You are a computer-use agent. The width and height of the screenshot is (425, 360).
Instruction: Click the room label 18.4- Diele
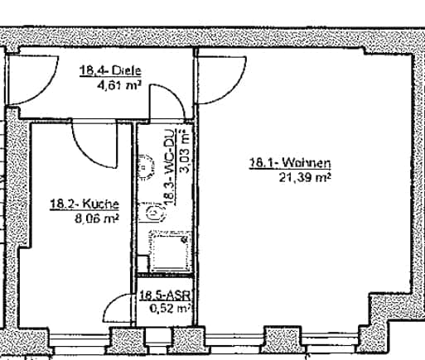[110, 70]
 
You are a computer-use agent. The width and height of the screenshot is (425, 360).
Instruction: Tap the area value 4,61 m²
[119, 85]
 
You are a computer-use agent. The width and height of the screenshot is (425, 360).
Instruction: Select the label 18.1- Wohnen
[290, 163]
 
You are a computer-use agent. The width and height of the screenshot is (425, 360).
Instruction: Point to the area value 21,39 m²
[305, 177]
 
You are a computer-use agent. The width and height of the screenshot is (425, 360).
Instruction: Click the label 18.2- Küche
[85, 204]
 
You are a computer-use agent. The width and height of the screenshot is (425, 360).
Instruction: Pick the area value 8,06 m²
[97, 218]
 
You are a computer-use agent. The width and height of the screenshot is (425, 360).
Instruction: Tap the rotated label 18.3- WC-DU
[170, 167]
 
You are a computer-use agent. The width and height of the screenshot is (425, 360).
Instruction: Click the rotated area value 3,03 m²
[185, 151]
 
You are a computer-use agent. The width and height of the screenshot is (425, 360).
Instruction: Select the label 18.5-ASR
[165, 296]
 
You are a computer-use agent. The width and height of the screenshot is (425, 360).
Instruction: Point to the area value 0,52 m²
[170, 308]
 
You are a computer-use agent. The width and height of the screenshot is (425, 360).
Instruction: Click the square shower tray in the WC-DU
[171, 251]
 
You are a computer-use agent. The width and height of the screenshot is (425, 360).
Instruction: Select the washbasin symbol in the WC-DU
[146, 166]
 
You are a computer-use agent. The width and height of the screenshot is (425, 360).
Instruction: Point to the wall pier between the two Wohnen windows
[283, 339]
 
